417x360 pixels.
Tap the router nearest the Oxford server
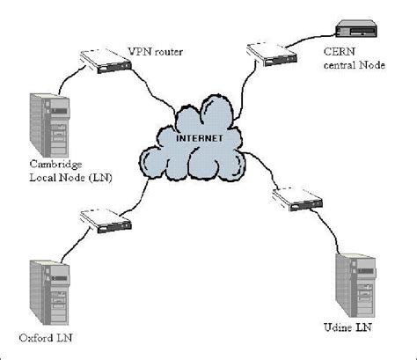pyautogui.click(x=100, y=221)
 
